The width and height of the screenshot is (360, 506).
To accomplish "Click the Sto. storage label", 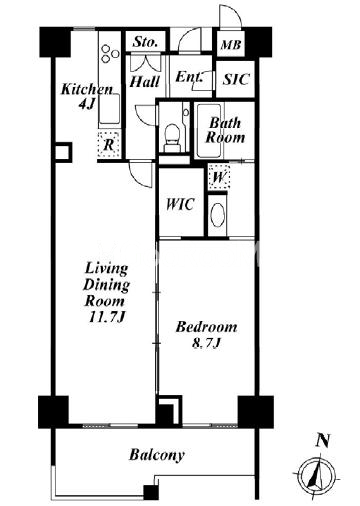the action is pos(145,42).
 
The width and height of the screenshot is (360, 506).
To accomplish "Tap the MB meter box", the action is pos(231,44).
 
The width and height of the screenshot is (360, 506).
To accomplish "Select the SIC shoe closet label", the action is pos(236,79).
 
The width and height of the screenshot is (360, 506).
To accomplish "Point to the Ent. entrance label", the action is pos(188,77).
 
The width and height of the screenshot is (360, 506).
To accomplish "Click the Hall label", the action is pos(145,82).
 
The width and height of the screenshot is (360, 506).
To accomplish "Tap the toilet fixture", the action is pos(172,138).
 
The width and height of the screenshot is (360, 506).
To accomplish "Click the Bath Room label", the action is pos(225,130).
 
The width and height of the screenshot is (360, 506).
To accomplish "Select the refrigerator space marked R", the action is pos(108,145).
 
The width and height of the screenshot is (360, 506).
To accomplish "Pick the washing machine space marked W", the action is pos(218,177).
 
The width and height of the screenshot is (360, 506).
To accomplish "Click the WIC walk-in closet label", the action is pos(180,204).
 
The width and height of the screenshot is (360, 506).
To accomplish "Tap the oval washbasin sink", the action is pos(217,215).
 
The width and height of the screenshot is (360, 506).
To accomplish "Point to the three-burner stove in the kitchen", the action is pos(110,53).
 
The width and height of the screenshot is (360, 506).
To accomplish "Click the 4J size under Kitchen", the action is pos(86,104).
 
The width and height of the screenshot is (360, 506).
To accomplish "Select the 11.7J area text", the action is pos(106,317).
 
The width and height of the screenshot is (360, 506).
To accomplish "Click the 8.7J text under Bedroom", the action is pos(206,343).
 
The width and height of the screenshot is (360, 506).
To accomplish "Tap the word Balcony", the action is pos(157,455).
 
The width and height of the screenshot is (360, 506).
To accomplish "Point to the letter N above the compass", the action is pos(323,441).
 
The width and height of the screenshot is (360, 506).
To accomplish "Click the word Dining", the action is pos(106,285).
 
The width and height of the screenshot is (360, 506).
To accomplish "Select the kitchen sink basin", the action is pos(109,109).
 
